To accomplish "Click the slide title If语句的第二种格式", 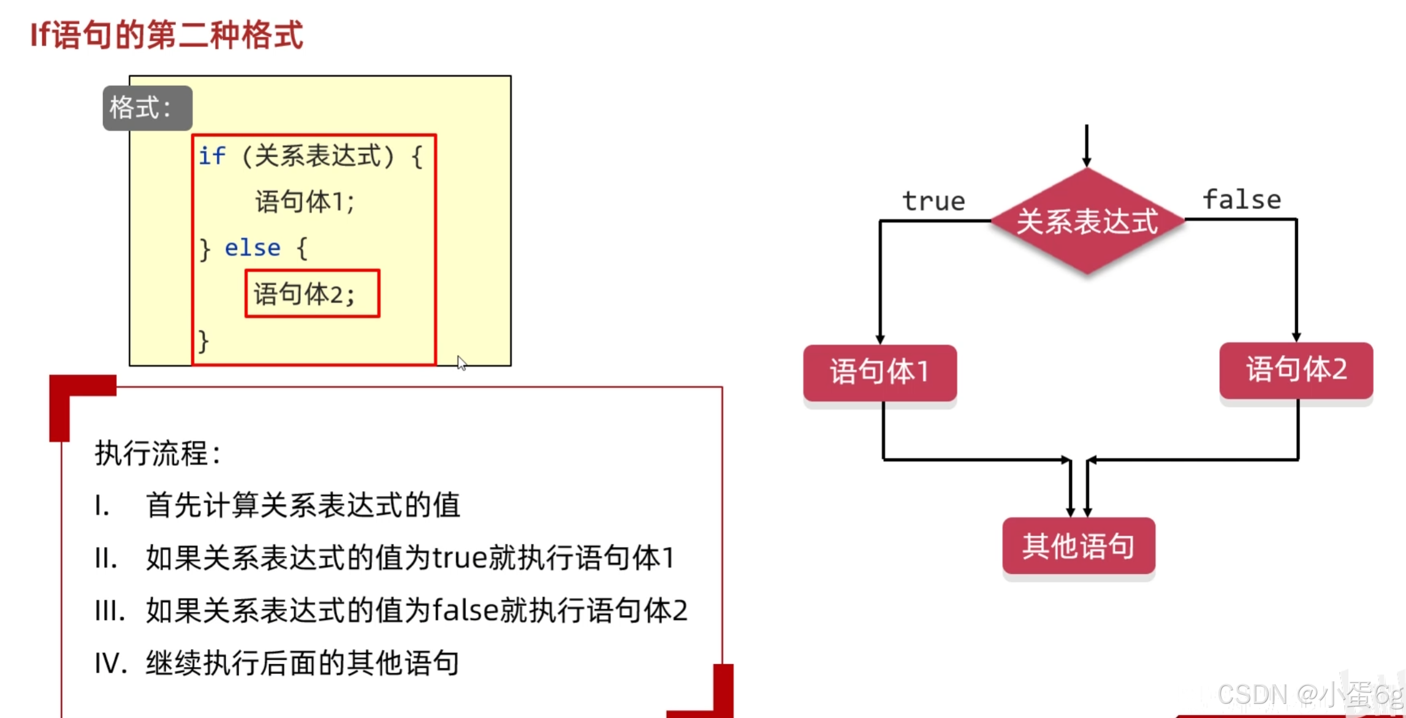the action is pos(167,34).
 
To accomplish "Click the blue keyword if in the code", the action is pos(211,156).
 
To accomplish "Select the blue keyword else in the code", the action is pos(253,248).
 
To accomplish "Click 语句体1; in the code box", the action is pos(305,202).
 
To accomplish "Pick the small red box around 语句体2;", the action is pos(312,294).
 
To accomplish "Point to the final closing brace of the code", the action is pos(203,341).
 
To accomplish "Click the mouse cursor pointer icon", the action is pos(462,363).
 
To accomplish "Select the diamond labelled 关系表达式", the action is pos(1087,221).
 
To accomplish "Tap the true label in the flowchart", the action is pos(933,201).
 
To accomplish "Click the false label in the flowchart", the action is pos(1242,200).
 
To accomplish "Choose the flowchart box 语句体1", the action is pos(880,372).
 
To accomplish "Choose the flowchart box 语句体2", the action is pos(1296,370).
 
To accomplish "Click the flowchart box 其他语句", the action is pos(1078,546).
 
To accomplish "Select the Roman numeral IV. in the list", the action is pos(110,663).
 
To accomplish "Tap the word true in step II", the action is pos(460,558).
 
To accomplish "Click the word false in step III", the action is pos(465,611).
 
